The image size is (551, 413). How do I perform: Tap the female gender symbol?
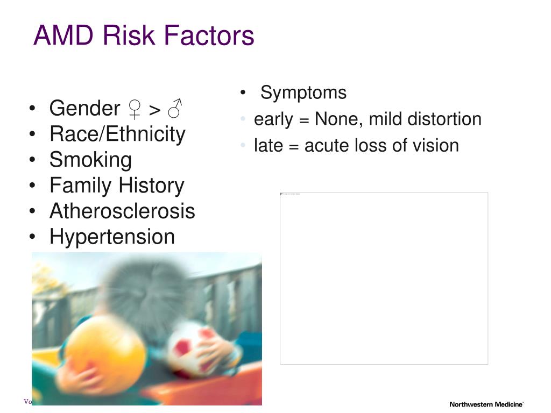(x=134, y=109)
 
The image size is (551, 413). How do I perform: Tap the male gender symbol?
(x=174, y=109)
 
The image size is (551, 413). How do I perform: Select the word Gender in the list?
(x=84, y=109)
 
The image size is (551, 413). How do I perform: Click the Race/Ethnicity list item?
(x=117, y=134)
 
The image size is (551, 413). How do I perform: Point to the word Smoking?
(x=90, y=160)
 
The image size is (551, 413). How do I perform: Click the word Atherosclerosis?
(x=122, y=211)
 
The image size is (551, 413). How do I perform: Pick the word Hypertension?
(x=112, y=237)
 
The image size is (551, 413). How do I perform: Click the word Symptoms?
(x=303, y=92)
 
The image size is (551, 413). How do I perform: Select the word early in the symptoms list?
(x=274, y=119)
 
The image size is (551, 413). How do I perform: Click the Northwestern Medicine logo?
(x=486, y=404)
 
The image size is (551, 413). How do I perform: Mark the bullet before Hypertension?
(x=34, y=237)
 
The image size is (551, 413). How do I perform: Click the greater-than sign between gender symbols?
(x=154, y=110)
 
